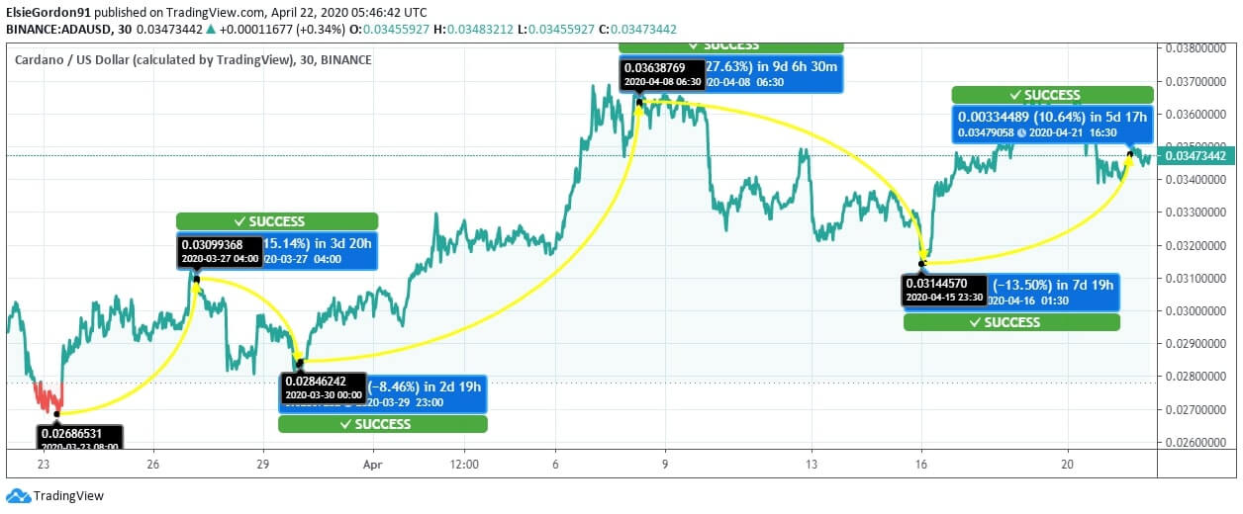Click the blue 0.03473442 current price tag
[x=1195, y=155]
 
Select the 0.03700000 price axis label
[x=1195, y=81]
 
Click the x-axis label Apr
[x=372, y=463]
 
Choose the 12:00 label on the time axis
[x=463, y=463]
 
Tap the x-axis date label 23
[x=44, y=463]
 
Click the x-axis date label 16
[x=922, y=463]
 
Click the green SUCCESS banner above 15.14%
[x=277, y=221]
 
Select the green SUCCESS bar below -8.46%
[x=382, y=424]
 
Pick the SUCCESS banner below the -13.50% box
[x=1011, y=322]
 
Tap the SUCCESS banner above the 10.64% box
[x=1052, y=95]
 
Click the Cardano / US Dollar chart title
[x=153, y=59]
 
